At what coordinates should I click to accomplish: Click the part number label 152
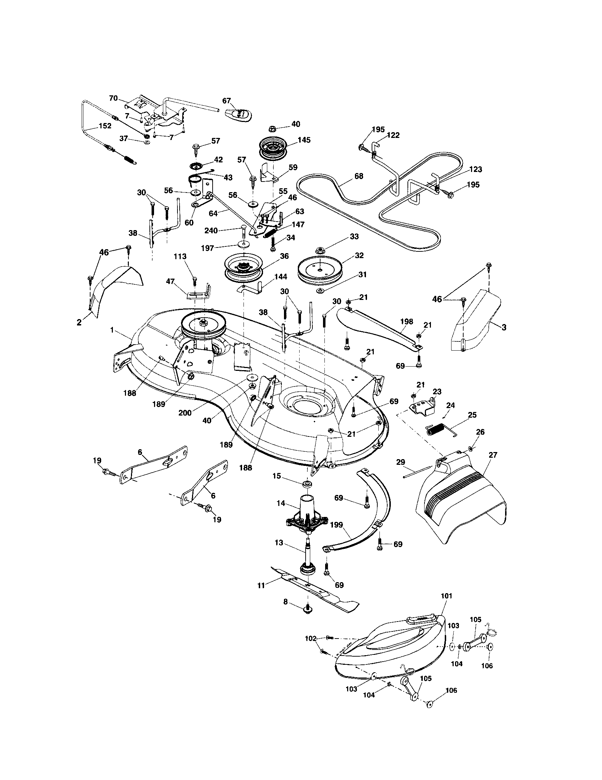[105, 126]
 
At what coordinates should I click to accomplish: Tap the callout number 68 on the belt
[359, 176]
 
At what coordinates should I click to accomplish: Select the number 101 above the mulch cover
[447, 596]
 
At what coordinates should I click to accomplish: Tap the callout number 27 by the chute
[493, 455]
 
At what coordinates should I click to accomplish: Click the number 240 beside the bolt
[211, 231]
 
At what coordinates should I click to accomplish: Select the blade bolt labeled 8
[307, 610]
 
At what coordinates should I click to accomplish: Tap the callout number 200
[185, 413]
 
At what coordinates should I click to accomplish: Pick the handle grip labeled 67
[239, 114]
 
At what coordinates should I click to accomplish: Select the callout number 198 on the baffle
[407, 322]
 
